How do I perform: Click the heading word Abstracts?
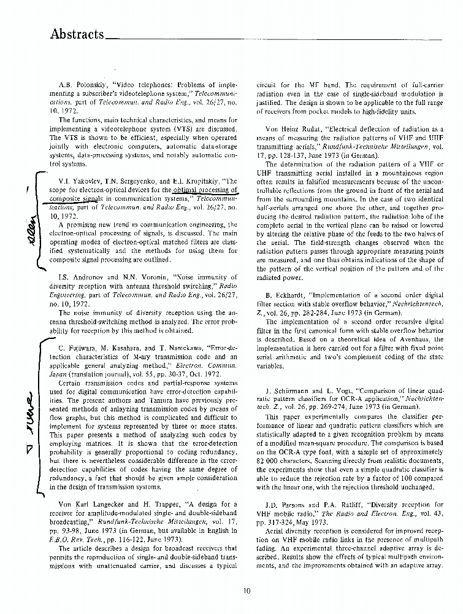(77, 34)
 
